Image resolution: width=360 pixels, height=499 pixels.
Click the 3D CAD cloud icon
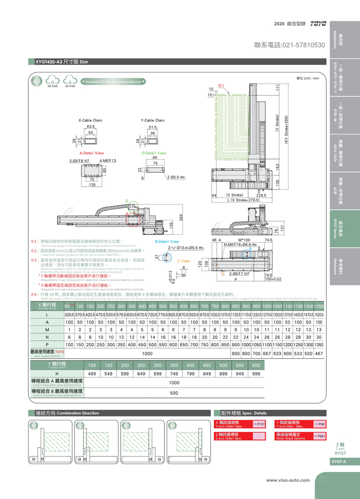click(x=69, y=82)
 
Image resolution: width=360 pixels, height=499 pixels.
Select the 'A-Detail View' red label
click(x=91, y=152)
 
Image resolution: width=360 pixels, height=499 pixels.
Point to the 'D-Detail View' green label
click(x=154, y=152)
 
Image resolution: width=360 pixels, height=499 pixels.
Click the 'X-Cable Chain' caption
click(x=90, y=120)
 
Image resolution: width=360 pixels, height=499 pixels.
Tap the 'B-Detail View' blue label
click(x=167, y=241)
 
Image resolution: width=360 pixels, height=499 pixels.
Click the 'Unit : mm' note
click(x=308, y=78)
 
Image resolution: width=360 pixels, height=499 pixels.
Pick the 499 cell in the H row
click(x=92, y=373)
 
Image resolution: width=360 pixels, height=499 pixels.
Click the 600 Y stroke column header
click(x=256, y=365)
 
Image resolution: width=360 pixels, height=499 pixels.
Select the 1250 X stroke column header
click(x=319, y=306)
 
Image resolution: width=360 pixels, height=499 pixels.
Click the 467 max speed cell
click(x=319, y=353)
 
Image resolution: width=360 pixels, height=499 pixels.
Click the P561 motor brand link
click(x=319, y=436)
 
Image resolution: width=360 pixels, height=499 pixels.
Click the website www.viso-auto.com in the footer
click(x=290, y=480)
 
